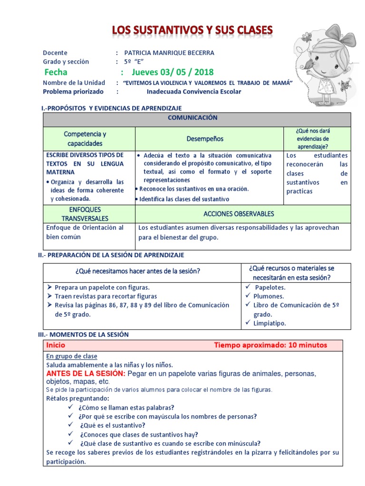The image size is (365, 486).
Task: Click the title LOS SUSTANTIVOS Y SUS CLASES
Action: pyautogui.click(x=192, y=31)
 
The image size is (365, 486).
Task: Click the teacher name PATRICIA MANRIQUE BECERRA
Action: pyautogui.click(x=169, y=53)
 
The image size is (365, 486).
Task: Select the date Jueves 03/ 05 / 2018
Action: pyautogui.click(x=173, y=72)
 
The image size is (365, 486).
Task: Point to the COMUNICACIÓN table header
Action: pyautogui.click(x=196, y=118)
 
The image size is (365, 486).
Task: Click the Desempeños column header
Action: pyautogui.click(x=205, y=139)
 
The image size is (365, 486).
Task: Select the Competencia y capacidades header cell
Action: pyautogui.click(x=85, y=139)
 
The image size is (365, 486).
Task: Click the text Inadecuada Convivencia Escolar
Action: pyautogui.click(x=193, y=92)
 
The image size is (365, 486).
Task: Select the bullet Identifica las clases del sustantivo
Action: pyautogui.click(x=184, y=199)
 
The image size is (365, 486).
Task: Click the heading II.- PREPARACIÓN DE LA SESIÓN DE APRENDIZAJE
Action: pyautogui.click(x=111, y=255)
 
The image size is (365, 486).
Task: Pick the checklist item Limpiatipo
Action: pyautogui.click(x=269, y=323)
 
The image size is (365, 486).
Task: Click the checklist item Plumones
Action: pyautogui.click(x=269, y=296)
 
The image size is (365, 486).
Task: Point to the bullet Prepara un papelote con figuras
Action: pyautogui.click(x=102, y=287)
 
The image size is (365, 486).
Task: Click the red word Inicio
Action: pyautogui.click(x=56, y=345)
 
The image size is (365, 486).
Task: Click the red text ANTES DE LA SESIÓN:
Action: pyautogui.click(x=86, y=374)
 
